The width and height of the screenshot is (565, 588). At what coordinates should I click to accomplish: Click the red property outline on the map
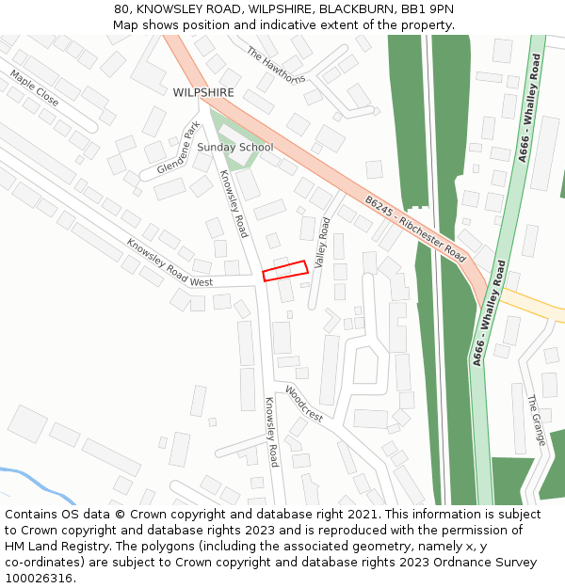tap(285, 271)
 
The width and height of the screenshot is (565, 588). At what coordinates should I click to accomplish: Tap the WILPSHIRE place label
tap(202, 93)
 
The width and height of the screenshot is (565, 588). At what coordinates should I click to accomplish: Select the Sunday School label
tap(235, 148)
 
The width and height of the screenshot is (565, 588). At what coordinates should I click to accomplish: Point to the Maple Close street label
tap(34, 87)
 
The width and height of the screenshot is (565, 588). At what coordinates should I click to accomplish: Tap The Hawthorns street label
tap(276, 65)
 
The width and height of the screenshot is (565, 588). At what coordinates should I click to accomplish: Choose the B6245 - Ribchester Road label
tap(415, 228)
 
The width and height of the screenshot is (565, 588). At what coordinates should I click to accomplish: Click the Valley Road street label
tap(322, 243)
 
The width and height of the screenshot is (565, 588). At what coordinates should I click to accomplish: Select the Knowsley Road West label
tap(169, 262)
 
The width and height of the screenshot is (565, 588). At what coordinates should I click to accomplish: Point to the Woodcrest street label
tap(304, 404)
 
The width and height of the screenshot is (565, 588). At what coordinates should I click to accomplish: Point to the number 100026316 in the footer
tap(40, 579)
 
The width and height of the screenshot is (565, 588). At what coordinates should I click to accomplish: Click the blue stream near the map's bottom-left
tap(38, 479)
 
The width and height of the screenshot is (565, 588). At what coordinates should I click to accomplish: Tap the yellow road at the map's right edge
tap(537, 306)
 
